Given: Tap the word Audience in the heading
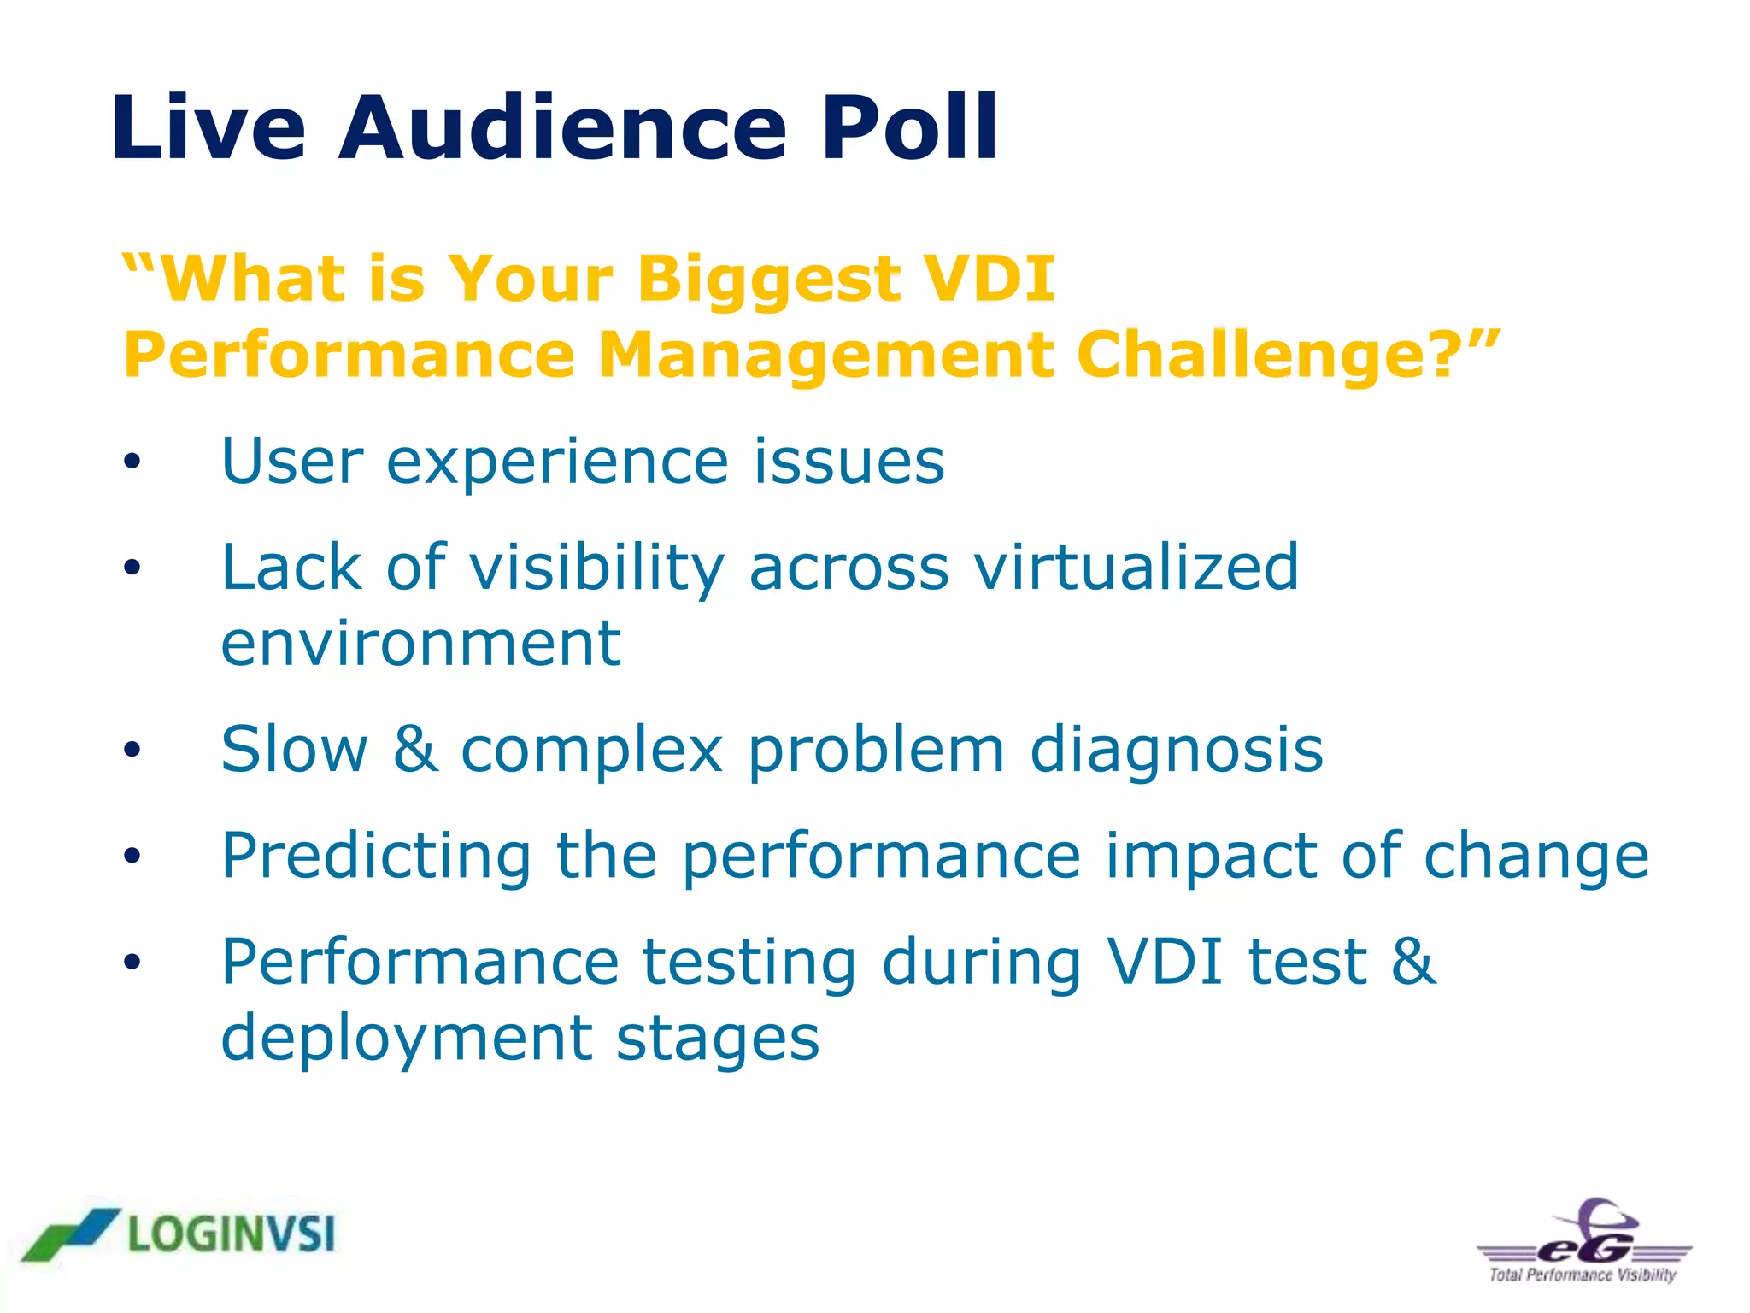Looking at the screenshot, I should [562, 128].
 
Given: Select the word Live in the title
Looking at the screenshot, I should [208, 128].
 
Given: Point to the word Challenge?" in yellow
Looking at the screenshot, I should [1287, 355].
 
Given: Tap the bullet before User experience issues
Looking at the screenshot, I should [131, 462].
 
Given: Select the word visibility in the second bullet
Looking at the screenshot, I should [596, 568].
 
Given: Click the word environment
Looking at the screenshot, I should [420, 643].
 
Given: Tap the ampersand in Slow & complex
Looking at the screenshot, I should [416, 749].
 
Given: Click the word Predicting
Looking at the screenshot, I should [376, 856].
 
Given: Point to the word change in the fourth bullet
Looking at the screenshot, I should [1535, 857].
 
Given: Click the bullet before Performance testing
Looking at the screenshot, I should [131, 963].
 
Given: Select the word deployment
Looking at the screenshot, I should [406, 1039].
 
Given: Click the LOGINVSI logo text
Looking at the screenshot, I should [231, 1235].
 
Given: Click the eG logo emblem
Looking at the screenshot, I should [1585, 1235].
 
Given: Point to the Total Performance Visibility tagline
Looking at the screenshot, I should [1583, 1275].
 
